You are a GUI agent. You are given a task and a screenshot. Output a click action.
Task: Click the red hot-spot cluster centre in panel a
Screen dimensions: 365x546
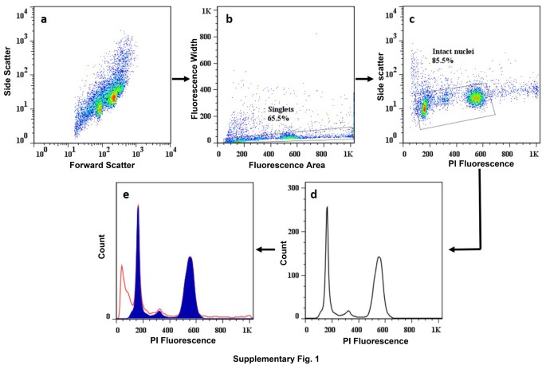113,96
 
